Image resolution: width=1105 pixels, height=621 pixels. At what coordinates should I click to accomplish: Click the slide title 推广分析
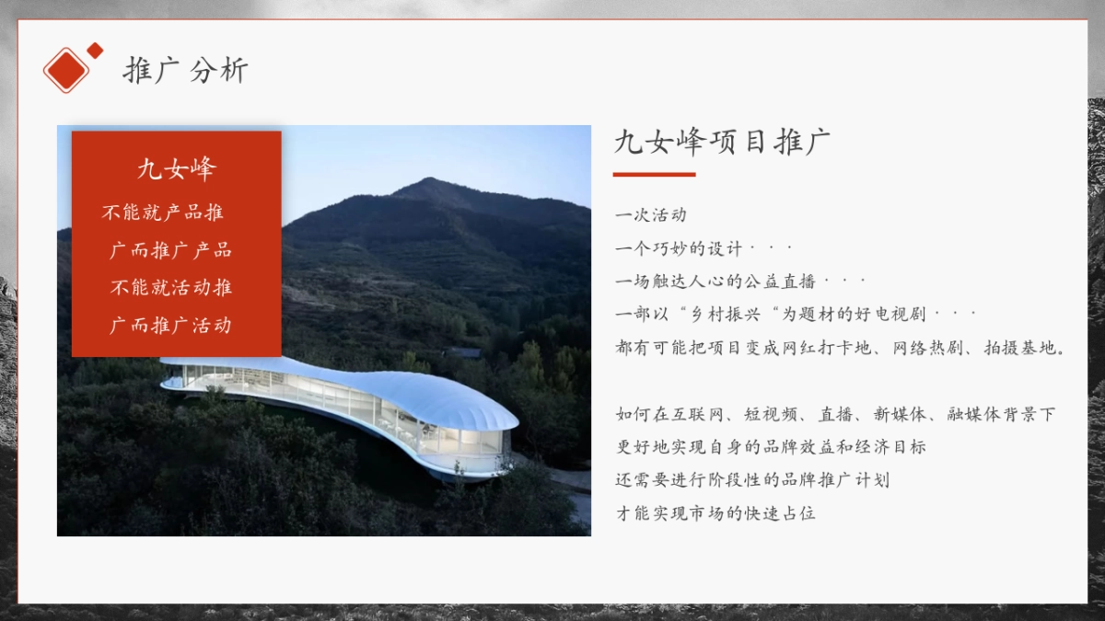coord(185,71)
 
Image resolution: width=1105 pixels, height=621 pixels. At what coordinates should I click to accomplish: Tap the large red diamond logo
coord(65,70)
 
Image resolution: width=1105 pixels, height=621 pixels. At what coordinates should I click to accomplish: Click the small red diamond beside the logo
coord(95,50)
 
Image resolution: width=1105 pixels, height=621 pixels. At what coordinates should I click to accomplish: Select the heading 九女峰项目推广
coord(722,143)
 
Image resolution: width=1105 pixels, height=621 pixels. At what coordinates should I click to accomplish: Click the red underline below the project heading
coord(654,174)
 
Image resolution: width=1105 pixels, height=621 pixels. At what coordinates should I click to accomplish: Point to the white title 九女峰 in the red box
coord(176,169)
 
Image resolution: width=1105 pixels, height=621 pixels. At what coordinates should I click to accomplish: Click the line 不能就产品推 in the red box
coord(163,213)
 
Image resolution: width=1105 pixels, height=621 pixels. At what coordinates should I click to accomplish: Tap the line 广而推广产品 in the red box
coord(170,250)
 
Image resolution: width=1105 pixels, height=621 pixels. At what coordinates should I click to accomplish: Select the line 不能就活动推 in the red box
coord(171,287)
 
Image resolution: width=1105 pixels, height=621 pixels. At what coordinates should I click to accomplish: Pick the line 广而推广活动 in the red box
coord(170,325)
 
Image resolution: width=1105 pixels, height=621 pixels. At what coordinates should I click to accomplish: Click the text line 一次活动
coord(651,215)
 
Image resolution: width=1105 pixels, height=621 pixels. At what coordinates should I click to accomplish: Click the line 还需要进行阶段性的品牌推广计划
coord(752,480)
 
